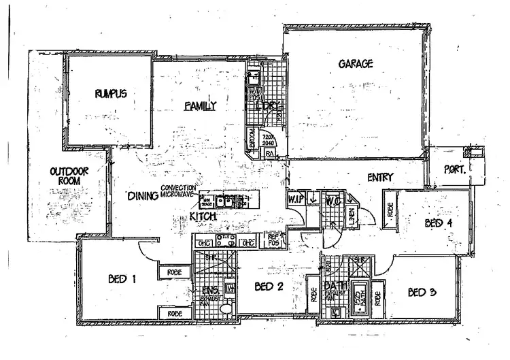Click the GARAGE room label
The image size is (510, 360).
point(355,65)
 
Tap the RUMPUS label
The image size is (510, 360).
point(111,93)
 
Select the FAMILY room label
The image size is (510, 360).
point(201,105)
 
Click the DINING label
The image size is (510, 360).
point(143,196)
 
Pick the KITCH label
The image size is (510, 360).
point(203,216)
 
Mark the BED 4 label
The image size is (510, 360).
point(439,223)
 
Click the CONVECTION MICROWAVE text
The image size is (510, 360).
point(179,192)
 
